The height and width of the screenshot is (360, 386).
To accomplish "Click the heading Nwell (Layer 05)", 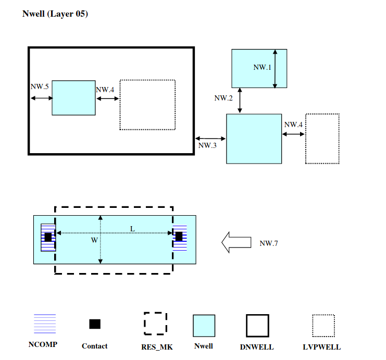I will coord(55,14).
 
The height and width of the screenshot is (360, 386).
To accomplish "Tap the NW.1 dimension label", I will coord(263,68).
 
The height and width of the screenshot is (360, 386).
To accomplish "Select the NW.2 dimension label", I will coord(223,98).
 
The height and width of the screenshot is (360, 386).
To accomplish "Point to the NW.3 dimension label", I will coord(207,145).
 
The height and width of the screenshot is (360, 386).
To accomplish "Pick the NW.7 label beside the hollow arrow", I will coord(269,243).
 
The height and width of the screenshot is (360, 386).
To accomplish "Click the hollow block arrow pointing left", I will coord(236,243).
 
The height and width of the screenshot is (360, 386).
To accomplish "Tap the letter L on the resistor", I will coord(132,229).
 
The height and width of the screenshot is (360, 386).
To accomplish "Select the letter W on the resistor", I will coord(94,240).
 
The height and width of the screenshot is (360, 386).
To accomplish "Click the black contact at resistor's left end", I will coord(48,237).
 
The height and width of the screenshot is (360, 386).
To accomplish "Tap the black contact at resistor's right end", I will coord(179,237).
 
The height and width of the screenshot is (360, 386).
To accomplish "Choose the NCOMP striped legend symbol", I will coord(45,324).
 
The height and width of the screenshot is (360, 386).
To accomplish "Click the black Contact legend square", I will coord(94,324).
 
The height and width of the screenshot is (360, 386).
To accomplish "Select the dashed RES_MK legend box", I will coord(155,324).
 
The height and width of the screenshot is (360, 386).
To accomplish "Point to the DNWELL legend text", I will coord(257,347).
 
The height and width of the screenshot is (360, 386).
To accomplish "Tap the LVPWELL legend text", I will coord(322,347).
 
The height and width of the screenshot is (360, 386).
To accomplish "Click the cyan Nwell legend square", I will coord(204,325).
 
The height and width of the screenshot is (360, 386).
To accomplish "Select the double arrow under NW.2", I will coord(240,101).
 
